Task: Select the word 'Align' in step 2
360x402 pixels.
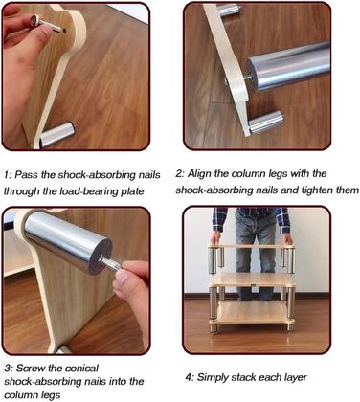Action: [197, 174]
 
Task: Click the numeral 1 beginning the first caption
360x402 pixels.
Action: [7, 175]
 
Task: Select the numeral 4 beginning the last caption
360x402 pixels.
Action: [189, 377]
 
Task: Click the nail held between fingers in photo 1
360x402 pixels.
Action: [48, 24]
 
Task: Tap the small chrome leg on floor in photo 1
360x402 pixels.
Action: [57, 135]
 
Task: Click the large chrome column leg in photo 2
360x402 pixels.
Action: [289, 66]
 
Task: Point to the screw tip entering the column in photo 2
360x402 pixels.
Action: [247, 77]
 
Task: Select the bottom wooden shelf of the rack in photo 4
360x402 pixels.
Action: [251, 313]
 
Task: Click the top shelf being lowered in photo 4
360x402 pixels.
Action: [251, 247]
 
